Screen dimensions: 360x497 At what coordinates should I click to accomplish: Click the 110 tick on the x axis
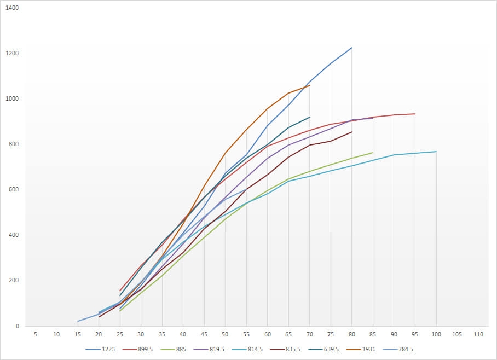tap(478, 334)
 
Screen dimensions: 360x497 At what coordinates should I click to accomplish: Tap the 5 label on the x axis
tap(35, 334)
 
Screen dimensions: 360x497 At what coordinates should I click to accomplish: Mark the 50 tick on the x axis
tap(225, 334)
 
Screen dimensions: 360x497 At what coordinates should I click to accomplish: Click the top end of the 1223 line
tap(352, 48)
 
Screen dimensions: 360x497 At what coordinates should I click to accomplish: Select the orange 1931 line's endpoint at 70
tap(310, 85)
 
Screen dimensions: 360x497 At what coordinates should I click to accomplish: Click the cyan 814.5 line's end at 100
tap(436, 152)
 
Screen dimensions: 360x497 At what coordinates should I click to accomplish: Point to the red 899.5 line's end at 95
tap(415, 114)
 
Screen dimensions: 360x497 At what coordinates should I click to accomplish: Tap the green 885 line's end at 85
tap(373, 153)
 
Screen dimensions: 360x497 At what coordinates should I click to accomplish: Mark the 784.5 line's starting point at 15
tap(78, 321)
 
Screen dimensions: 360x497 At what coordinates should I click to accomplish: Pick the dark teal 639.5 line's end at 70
tap(310, 117)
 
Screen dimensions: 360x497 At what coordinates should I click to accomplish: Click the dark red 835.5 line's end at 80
tap(352, 132)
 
